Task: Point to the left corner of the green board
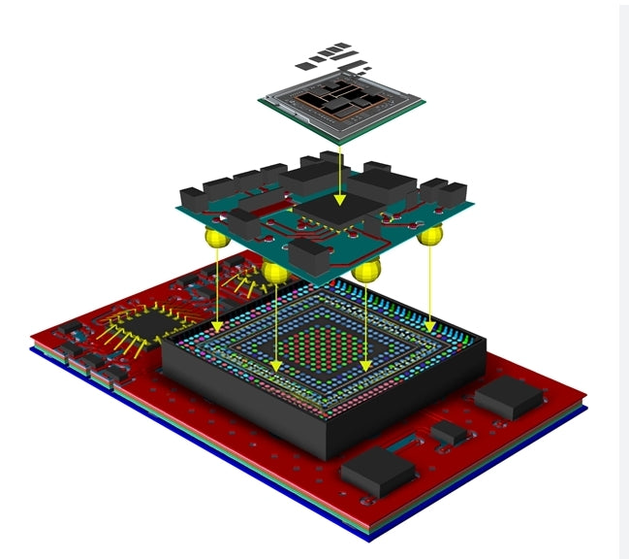click(178, 206)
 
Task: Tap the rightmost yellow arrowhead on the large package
click(430, 326)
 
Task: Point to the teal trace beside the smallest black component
click(407, 448)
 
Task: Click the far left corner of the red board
click(32, 337)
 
